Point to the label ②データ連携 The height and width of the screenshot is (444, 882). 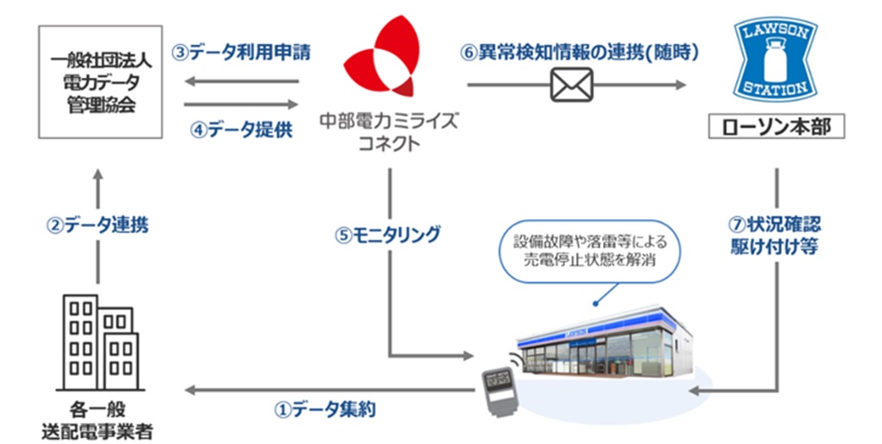(97, 225)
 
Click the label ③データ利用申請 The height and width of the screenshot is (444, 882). (241, 52)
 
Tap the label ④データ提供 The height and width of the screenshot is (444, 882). (241, 131)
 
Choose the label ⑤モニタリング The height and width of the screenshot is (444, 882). (388, 234)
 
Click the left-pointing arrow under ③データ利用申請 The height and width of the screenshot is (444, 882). (241, 83)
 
